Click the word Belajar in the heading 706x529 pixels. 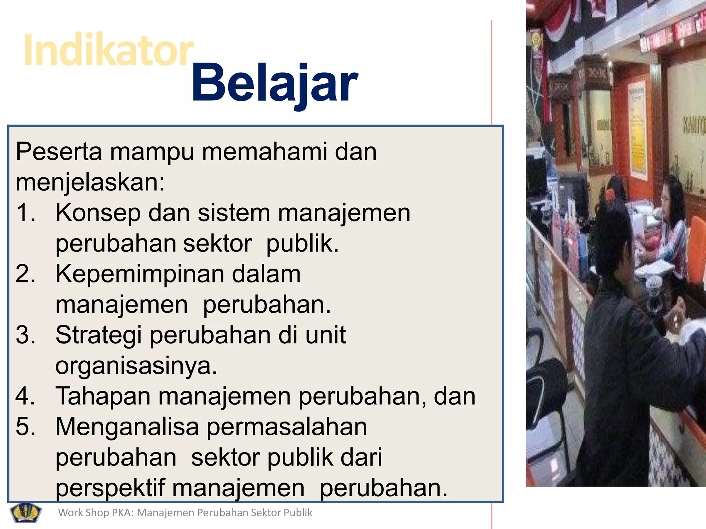tap(275, 83)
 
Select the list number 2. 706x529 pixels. tap(26, 274)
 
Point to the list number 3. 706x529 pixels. tap(26, 335)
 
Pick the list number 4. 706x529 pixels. tap(26, 396)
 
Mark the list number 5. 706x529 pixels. tap(26, 427)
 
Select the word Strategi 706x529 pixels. tap(99, 335)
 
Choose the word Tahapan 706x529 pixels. tap(103, 396)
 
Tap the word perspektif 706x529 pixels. tap(110, 488)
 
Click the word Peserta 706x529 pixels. tap(59, 152)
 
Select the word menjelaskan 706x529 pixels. tap(90, 183)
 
